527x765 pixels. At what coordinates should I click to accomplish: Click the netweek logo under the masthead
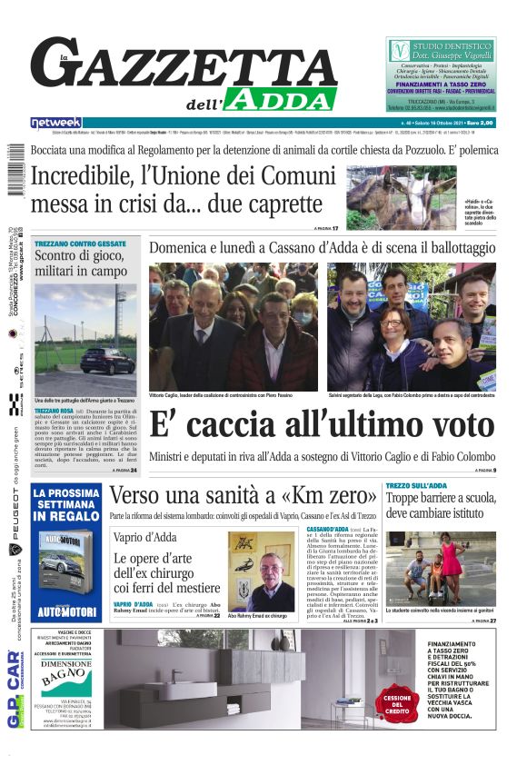pyautogui.click(x=55, y=123)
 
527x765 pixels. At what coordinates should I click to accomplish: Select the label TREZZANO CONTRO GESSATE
pyautogui.click(x=80, y=243)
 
